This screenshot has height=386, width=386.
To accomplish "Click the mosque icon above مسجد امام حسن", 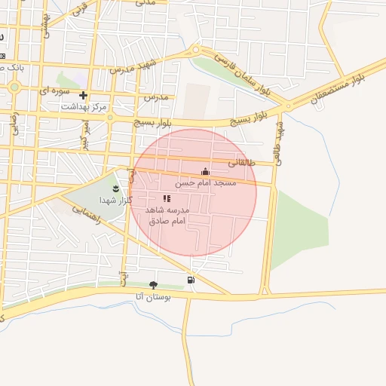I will pos(206,172).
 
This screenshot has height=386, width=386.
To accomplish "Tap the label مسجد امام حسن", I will pos(206,183).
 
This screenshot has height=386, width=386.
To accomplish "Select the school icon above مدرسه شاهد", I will pos(167,198).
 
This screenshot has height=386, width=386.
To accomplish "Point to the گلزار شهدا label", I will pos(115,200).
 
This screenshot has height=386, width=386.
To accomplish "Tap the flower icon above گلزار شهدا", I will pos(115,188).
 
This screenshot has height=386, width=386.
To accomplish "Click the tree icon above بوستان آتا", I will pos(154,285).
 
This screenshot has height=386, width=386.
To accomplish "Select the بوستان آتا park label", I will pos(154,297).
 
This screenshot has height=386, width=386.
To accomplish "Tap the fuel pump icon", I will pos(190,280).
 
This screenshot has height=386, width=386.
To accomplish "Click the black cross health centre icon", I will pos(83,96).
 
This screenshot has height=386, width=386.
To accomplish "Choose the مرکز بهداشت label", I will pos(82,107).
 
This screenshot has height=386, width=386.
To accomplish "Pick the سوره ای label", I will pos(54,90).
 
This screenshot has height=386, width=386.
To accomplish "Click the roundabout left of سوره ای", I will pos(14,87).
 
